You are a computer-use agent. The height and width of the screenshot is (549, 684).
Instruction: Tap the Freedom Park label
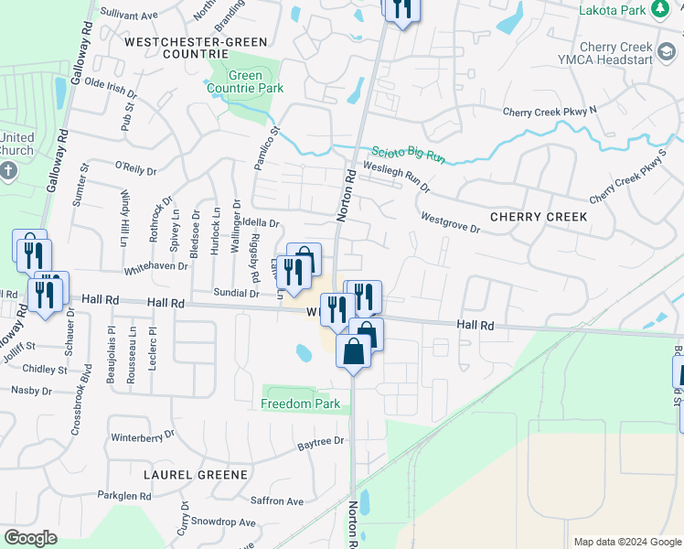[x=300, y=404]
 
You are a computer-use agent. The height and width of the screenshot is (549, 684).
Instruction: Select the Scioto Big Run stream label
[x=408, y=156]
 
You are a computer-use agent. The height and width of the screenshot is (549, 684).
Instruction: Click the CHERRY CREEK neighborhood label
[x=538, y=217]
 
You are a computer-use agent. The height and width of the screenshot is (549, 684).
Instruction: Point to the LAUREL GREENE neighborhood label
[x=196, y=475]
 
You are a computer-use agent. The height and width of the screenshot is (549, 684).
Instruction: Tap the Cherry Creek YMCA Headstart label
[x=615, y=53]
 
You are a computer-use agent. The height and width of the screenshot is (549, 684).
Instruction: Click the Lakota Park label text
[x=612, y=10]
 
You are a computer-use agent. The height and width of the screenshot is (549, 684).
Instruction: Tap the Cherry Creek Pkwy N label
[x=549, y=112]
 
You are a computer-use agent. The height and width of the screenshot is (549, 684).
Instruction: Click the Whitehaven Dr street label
[x=155, y=265]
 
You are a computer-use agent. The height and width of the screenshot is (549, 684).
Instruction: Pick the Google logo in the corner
[x=30, y=538]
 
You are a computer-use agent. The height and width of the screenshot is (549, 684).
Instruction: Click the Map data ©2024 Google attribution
[x=626, y=542]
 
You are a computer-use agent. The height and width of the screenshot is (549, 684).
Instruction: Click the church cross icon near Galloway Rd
[x=8, y=171]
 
